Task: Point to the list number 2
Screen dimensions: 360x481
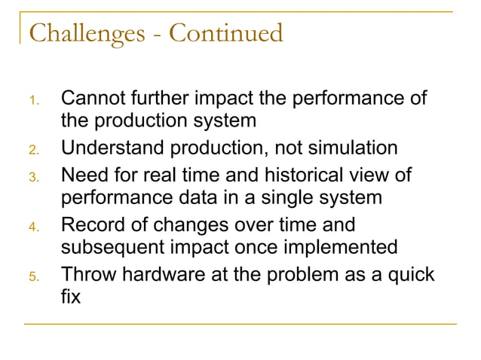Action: pos(34,150)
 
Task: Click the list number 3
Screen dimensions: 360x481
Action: pos(34,175)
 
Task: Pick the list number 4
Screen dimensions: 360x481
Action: pos(34,226)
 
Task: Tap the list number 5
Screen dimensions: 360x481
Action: pos(34,276)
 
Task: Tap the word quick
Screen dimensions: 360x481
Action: pos(410,273)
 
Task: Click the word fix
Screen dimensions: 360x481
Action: pos(71,298)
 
